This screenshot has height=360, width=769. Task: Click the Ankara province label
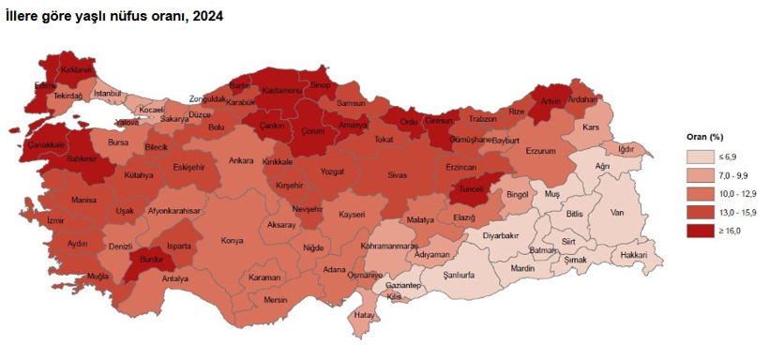coord(242,161)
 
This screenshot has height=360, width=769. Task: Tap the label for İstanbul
coord(109,93)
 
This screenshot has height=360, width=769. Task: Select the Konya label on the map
coord(231,240)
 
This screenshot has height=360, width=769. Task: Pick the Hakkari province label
coord(634,254)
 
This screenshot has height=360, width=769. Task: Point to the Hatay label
coord(365,315)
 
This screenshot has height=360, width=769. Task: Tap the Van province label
coord(617,213)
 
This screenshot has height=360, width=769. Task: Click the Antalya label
coord(175,278)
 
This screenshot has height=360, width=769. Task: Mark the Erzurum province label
coord(541,151)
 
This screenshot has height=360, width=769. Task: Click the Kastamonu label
coord(281,90)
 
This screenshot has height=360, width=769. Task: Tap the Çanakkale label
coord(46,145)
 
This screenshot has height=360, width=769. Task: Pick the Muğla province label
coord(98,276)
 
